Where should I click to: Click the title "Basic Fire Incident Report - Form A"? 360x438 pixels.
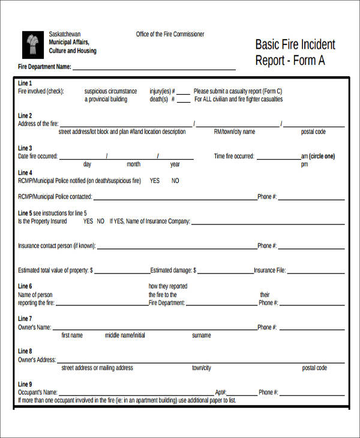click(295, 52)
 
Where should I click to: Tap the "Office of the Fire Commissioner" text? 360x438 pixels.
click(170, 34)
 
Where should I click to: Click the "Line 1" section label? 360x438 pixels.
click(25, 83)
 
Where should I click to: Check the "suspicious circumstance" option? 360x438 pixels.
click(110, 91)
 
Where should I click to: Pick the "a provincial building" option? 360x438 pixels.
click(106, 100)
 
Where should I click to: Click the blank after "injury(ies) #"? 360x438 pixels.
click(183, 92)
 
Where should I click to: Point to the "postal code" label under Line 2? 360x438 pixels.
click(313, 131)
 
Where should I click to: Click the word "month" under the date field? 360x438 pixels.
click(133, 164)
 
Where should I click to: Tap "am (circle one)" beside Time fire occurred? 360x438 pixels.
click(317, 156)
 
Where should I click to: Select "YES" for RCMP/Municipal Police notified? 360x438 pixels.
click(154, 181)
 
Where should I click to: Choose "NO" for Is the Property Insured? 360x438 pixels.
click(101, 221)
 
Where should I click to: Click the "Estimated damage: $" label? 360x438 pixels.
click(173, 270)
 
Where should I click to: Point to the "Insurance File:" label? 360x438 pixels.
click(270, 270)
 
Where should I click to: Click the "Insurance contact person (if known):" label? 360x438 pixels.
click(57, 245)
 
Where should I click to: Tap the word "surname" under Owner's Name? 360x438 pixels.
click(201, 335)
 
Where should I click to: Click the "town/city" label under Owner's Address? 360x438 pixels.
click(201, 368)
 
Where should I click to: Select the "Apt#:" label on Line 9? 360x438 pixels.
click(220, 392)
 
